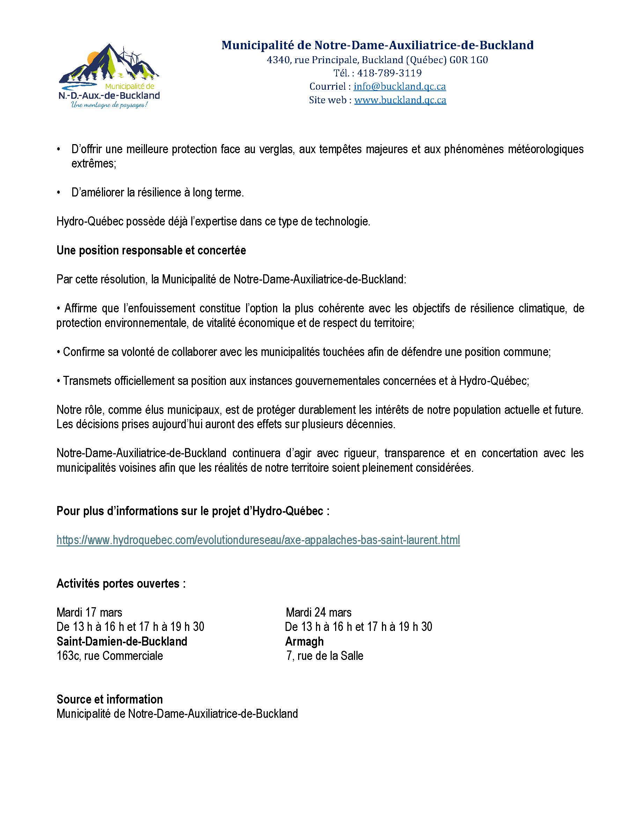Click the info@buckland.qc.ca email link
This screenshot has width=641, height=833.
pos(399,87)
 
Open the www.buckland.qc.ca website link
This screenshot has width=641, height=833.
pos(400,100)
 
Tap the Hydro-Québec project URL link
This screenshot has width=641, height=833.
pos(258,540)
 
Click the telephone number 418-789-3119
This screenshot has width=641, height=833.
pos(389,73)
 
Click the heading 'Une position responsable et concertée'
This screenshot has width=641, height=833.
pos(151,250)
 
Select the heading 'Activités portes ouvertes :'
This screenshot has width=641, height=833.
pos(121,583)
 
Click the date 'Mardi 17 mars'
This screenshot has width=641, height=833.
pos(89,612)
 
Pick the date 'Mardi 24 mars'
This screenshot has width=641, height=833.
pos(319,612)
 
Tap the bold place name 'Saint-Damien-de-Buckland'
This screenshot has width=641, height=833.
pos(122,641)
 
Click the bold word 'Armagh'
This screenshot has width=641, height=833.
pos(304,641)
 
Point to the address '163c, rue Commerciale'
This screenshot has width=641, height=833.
pos(110,656)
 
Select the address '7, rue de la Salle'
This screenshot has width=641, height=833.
pos(325,656)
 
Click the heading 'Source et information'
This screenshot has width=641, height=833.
pos(110,699)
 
